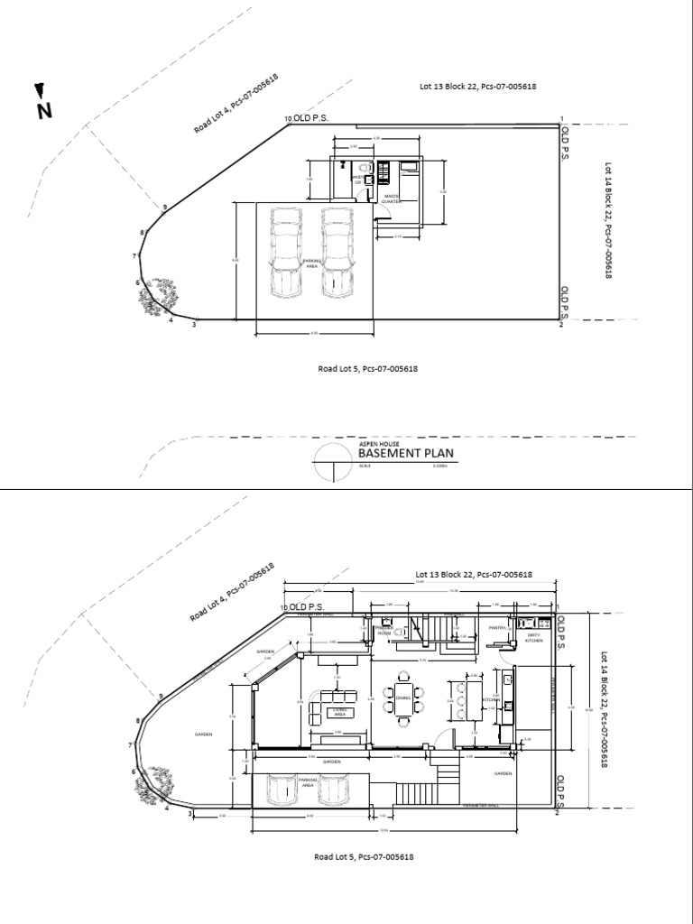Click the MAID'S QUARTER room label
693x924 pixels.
click(x=392, y=199)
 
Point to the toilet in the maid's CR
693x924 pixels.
click(x=361, y=169)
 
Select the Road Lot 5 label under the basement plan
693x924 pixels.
click(x=366, y=368)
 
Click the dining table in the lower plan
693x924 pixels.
click(x=401, y=698)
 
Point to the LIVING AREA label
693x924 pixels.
click(x=340, y=711)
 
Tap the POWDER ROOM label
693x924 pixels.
click(x=384, y=633)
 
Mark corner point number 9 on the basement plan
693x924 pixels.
click(x=164, y=208)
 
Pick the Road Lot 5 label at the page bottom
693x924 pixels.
click(x=364, y=857)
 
